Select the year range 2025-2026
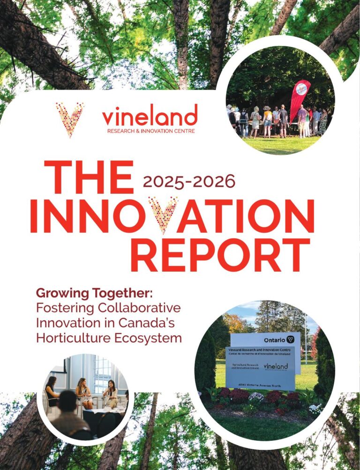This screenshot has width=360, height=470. pos(189,181)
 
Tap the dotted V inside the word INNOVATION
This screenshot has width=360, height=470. pos(163,215)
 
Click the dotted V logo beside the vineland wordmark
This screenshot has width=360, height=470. pos(69,119)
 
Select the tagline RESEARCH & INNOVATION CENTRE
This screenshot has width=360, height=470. pos(150,131)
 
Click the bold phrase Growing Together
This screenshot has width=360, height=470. pos(94,294)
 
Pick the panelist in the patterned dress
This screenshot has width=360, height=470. pos(84,392)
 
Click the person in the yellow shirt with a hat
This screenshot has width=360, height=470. pos(267,121)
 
